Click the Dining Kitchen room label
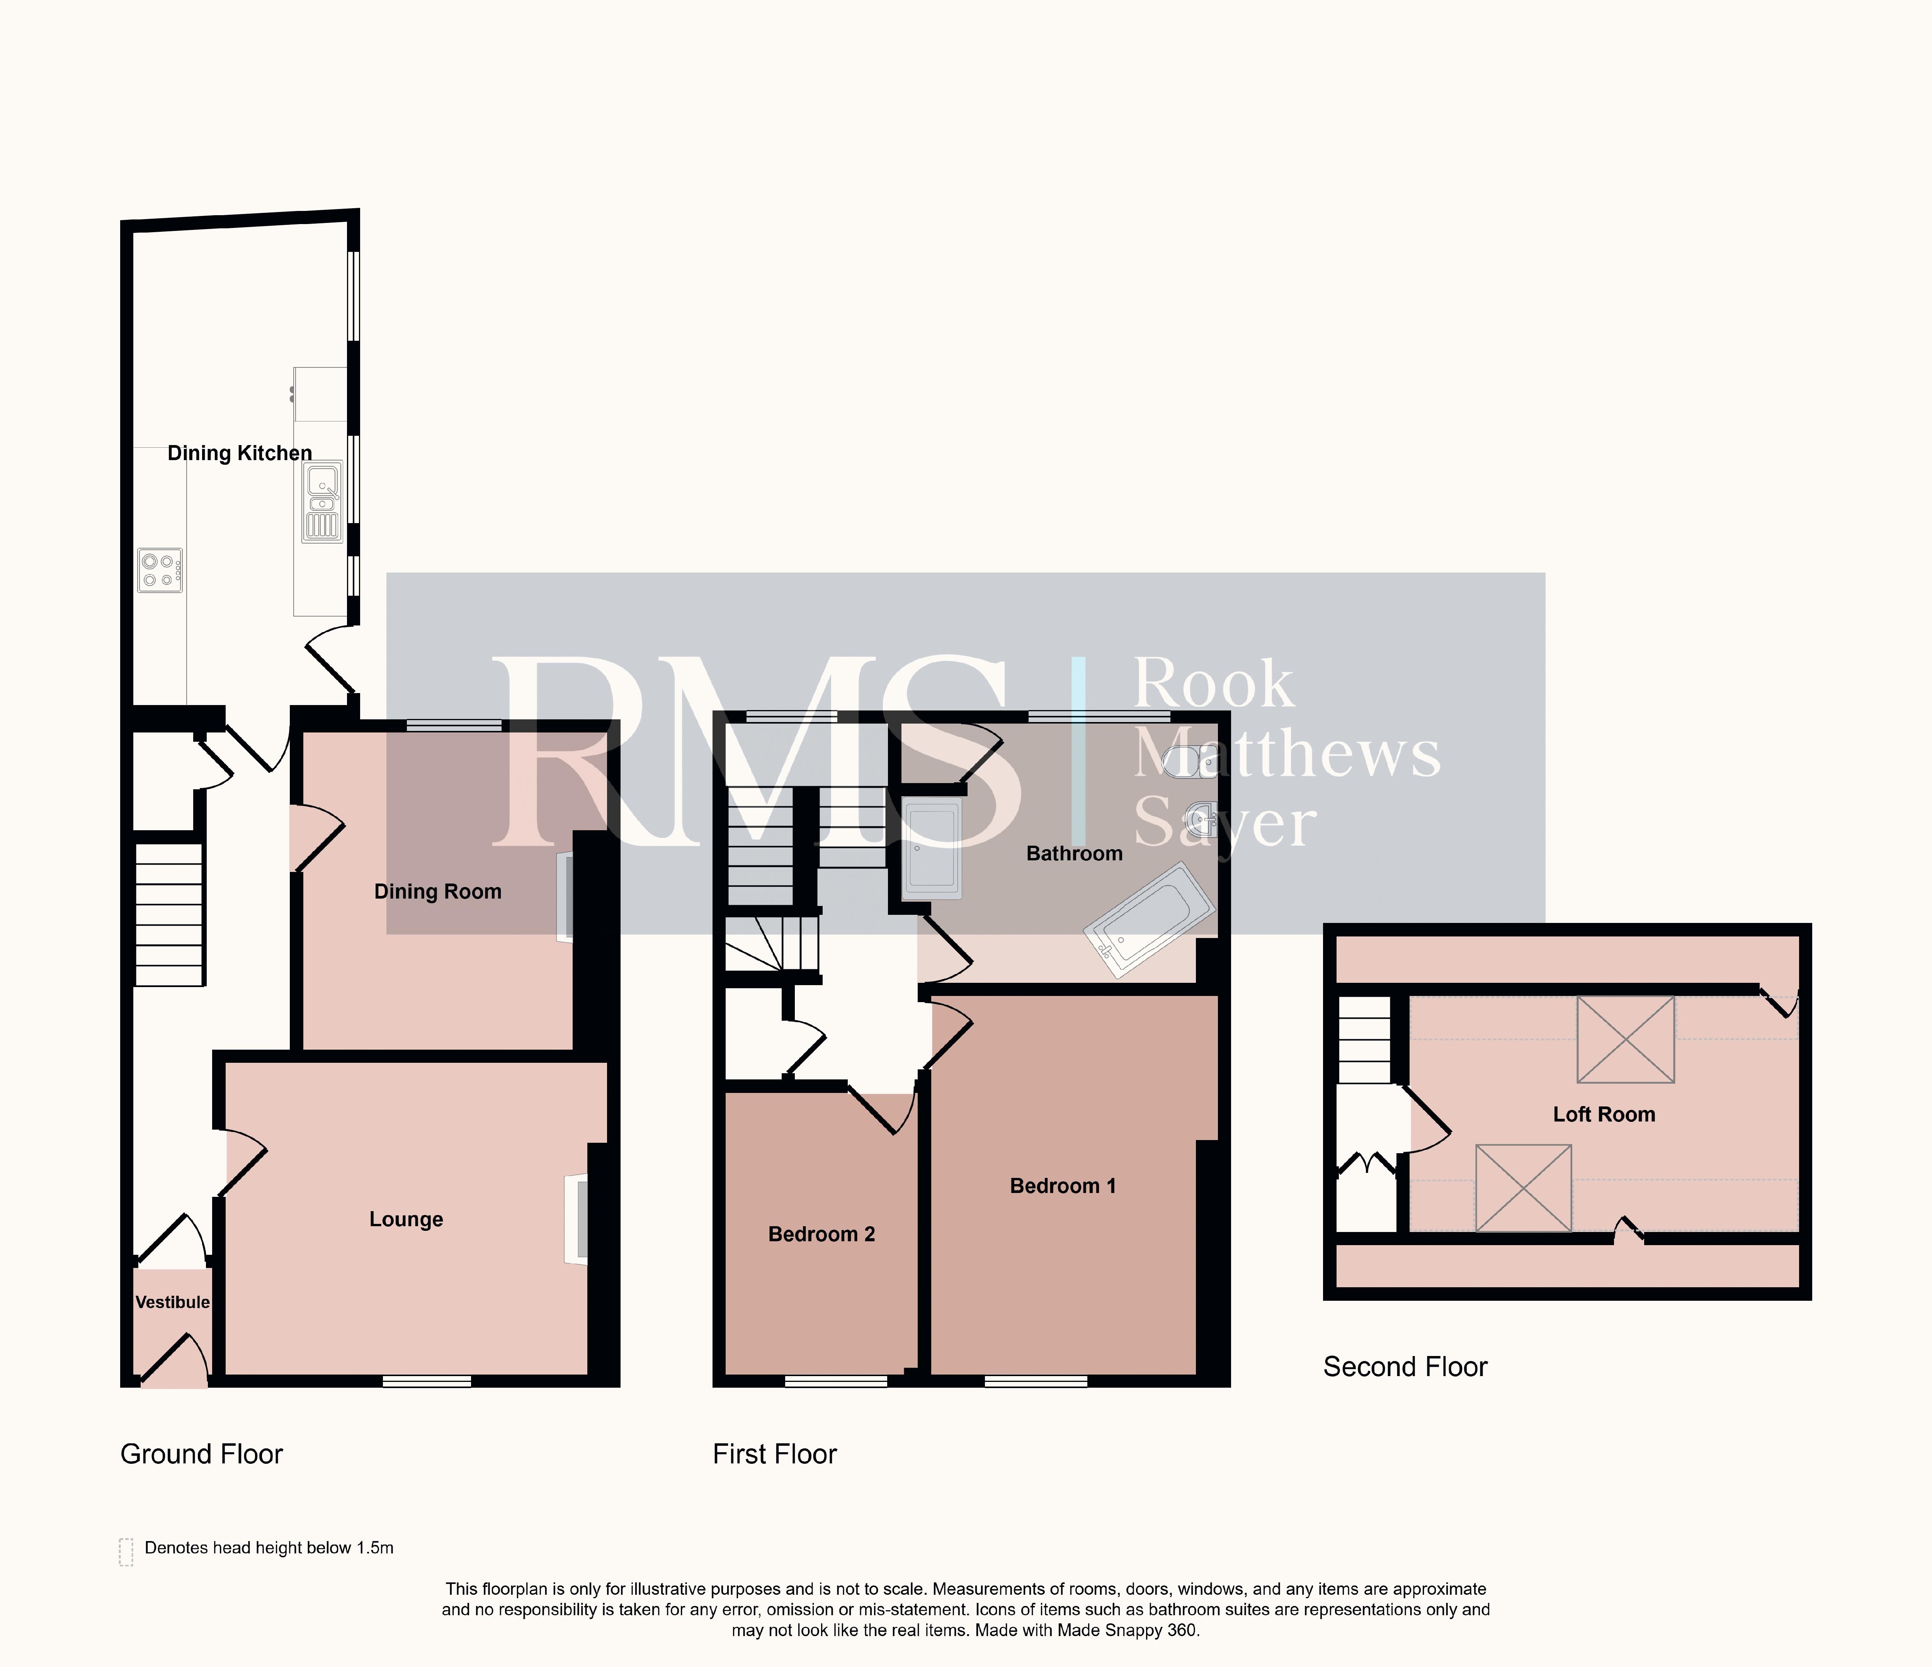[240, 453]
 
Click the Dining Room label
[437, 891]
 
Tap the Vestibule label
[172, 1302]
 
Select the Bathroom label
[1074, 853]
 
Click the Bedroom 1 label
[1063, 1186]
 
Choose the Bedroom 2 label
[821, 1234]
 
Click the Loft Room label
[1604, 1114]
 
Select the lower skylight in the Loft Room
[1524, 1188]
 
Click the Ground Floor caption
[201, 1455]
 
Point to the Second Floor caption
[1405, 1367]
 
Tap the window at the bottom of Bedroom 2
[835, 1382]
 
